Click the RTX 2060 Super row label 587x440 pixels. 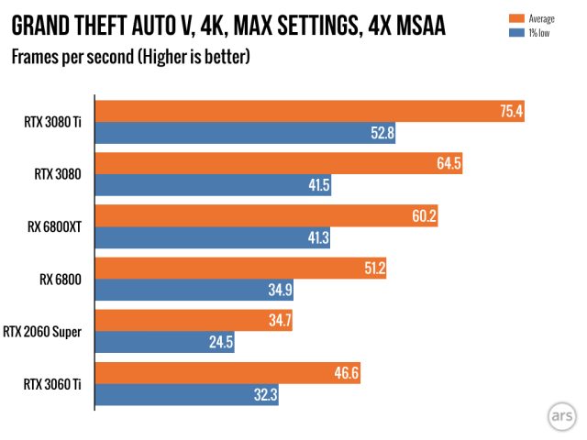47,332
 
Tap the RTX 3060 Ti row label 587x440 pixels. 57,384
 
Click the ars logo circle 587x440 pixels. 558,412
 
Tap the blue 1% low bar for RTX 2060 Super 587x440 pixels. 166,343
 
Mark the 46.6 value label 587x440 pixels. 342,374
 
